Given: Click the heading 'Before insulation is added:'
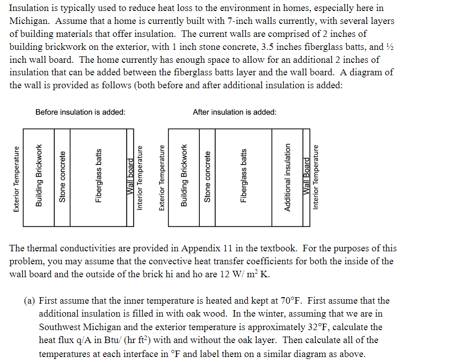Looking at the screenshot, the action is [80, 112].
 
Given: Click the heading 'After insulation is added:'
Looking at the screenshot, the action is [234, 112].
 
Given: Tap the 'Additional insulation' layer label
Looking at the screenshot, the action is [287, 177].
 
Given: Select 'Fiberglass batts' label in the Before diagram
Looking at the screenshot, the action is [99, 176].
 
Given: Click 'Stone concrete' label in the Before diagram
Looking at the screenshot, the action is [62, 176].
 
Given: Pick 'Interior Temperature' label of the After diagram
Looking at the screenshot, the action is [315, 177].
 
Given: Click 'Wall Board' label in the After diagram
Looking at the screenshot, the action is [306, 178].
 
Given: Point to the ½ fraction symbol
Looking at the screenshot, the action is [389, 47].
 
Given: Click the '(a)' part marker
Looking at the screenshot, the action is [29, 301].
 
